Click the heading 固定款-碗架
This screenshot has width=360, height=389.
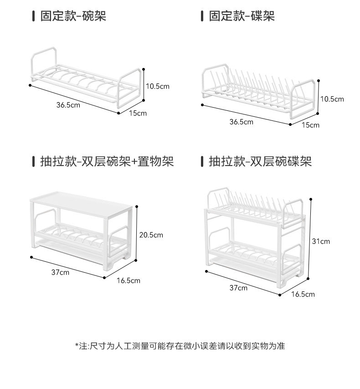[73, 17]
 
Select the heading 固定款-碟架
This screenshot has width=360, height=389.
[242, 17]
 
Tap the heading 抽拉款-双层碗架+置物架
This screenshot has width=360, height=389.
[107, 161]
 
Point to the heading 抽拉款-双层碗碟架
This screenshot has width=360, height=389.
[260, 161]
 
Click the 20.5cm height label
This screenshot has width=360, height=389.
[151, 235]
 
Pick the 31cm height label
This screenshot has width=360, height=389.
[321, 241]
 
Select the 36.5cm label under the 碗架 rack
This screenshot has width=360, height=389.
[68, 105]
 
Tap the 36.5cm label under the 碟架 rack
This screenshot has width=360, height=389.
[241, 122]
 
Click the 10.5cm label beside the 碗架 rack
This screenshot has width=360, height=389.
[157, 86]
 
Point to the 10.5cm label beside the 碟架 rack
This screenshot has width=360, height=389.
[332, 99]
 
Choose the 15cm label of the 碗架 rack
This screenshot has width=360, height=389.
[138, 113]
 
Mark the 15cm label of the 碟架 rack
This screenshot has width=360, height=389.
[311, 125]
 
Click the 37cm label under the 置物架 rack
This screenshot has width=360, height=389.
[60, 272]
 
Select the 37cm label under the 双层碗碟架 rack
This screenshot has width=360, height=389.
[238, 288]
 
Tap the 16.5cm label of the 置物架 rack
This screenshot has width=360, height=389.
[129, 280]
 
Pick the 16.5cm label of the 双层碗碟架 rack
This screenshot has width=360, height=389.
[303, 294]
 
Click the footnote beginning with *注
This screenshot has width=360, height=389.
[180, 346]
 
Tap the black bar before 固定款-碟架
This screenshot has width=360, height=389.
[202, 17]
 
